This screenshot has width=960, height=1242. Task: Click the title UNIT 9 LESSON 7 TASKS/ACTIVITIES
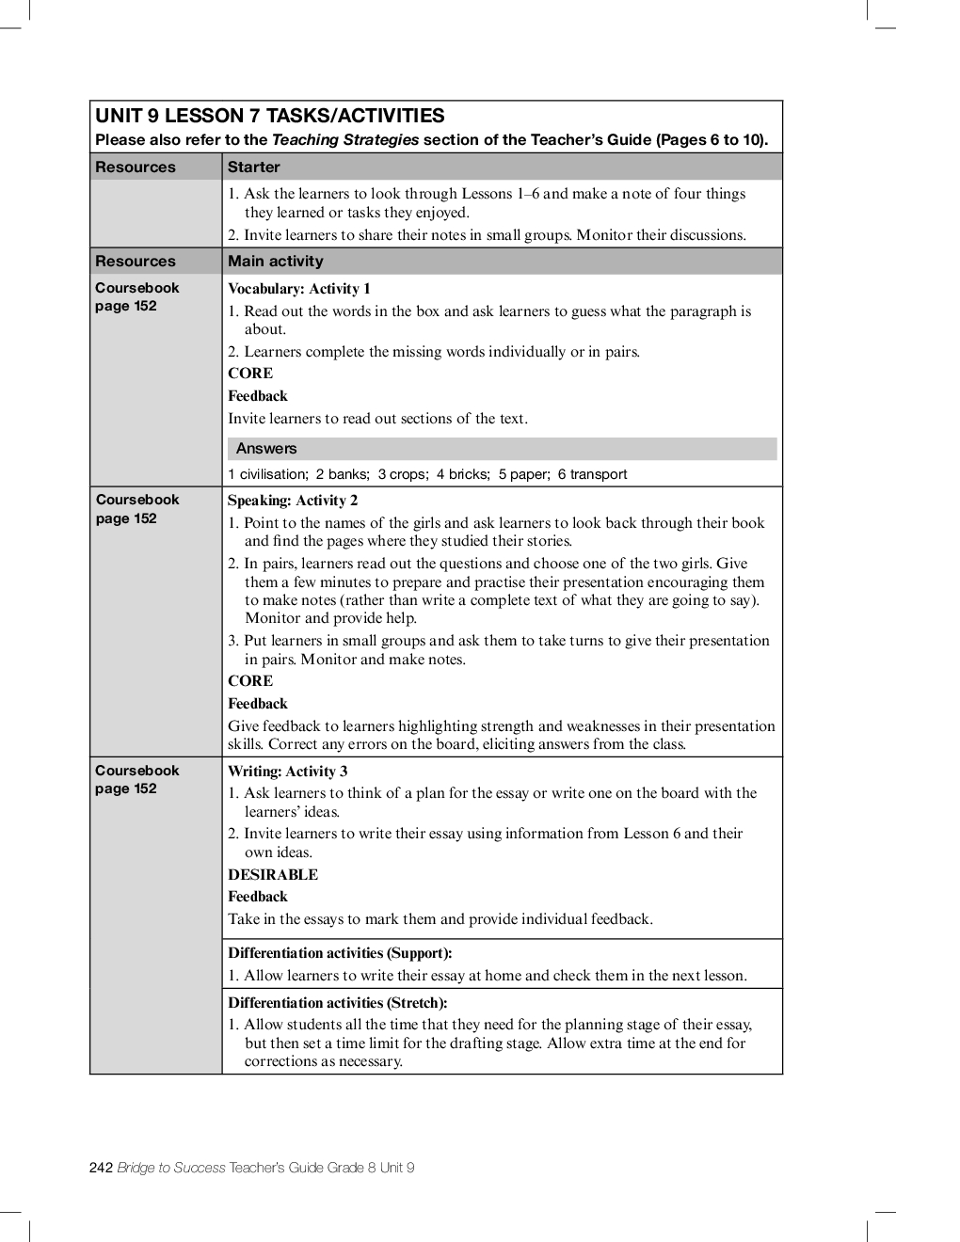coord(269,116)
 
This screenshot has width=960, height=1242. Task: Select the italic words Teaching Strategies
coord(344,140)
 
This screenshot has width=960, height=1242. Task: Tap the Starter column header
coord(253,167)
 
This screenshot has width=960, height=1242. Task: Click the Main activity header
coord(275,262)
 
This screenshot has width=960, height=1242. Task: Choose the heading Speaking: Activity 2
coord(292,501)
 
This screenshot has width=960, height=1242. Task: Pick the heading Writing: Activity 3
coord(287,772)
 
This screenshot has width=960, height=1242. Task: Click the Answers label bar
coord(266,449)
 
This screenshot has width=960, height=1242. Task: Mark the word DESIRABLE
coord(273,875)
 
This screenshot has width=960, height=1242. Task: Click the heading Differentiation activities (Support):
coord(340,953)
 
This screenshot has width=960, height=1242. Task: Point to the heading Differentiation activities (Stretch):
coord(337,1003)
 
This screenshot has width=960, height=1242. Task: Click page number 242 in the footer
coord(101,1169)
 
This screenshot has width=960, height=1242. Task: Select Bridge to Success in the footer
coord(171,1169)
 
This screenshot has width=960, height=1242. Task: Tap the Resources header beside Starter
coord(136,167)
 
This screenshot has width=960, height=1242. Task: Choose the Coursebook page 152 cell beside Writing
coord(136,780)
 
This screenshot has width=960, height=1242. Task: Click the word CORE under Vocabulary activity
coord(250,374)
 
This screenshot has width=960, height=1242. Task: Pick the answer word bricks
coord(469,474)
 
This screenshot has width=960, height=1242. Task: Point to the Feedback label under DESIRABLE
coord(258,898)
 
